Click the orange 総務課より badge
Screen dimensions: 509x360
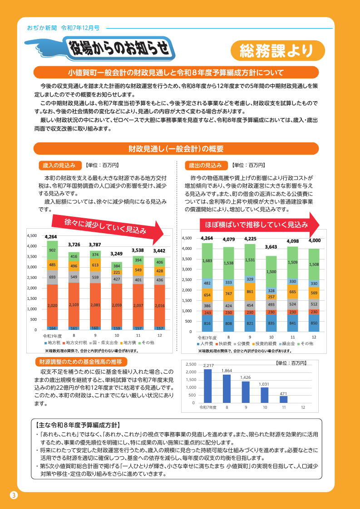click(277, 51)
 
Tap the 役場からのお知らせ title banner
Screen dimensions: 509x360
click(122, 48)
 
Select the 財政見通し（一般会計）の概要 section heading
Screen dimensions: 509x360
click(176, 149)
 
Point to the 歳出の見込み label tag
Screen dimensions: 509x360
click(205, 165)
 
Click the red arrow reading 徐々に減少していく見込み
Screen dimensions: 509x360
click(108, 226)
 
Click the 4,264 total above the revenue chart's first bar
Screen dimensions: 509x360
click(51, 237)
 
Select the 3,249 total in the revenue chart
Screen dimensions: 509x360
click(117, 254)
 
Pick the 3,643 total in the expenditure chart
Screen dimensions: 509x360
click(271, 247)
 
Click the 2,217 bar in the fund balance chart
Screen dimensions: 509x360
click(208, 386)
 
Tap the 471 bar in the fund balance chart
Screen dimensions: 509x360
click(284, 399)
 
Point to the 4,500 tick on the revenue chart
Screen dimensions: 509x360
click(32, 235)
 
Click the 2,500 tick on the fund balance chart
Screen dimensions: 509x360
click(191, 364)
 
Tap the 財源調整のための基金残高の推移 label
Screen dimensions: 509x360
click(81, 362)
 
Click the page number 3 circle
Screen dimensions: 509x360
click(14, 495)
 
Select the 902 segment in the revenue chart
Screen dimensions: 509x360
click(52, 250)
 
